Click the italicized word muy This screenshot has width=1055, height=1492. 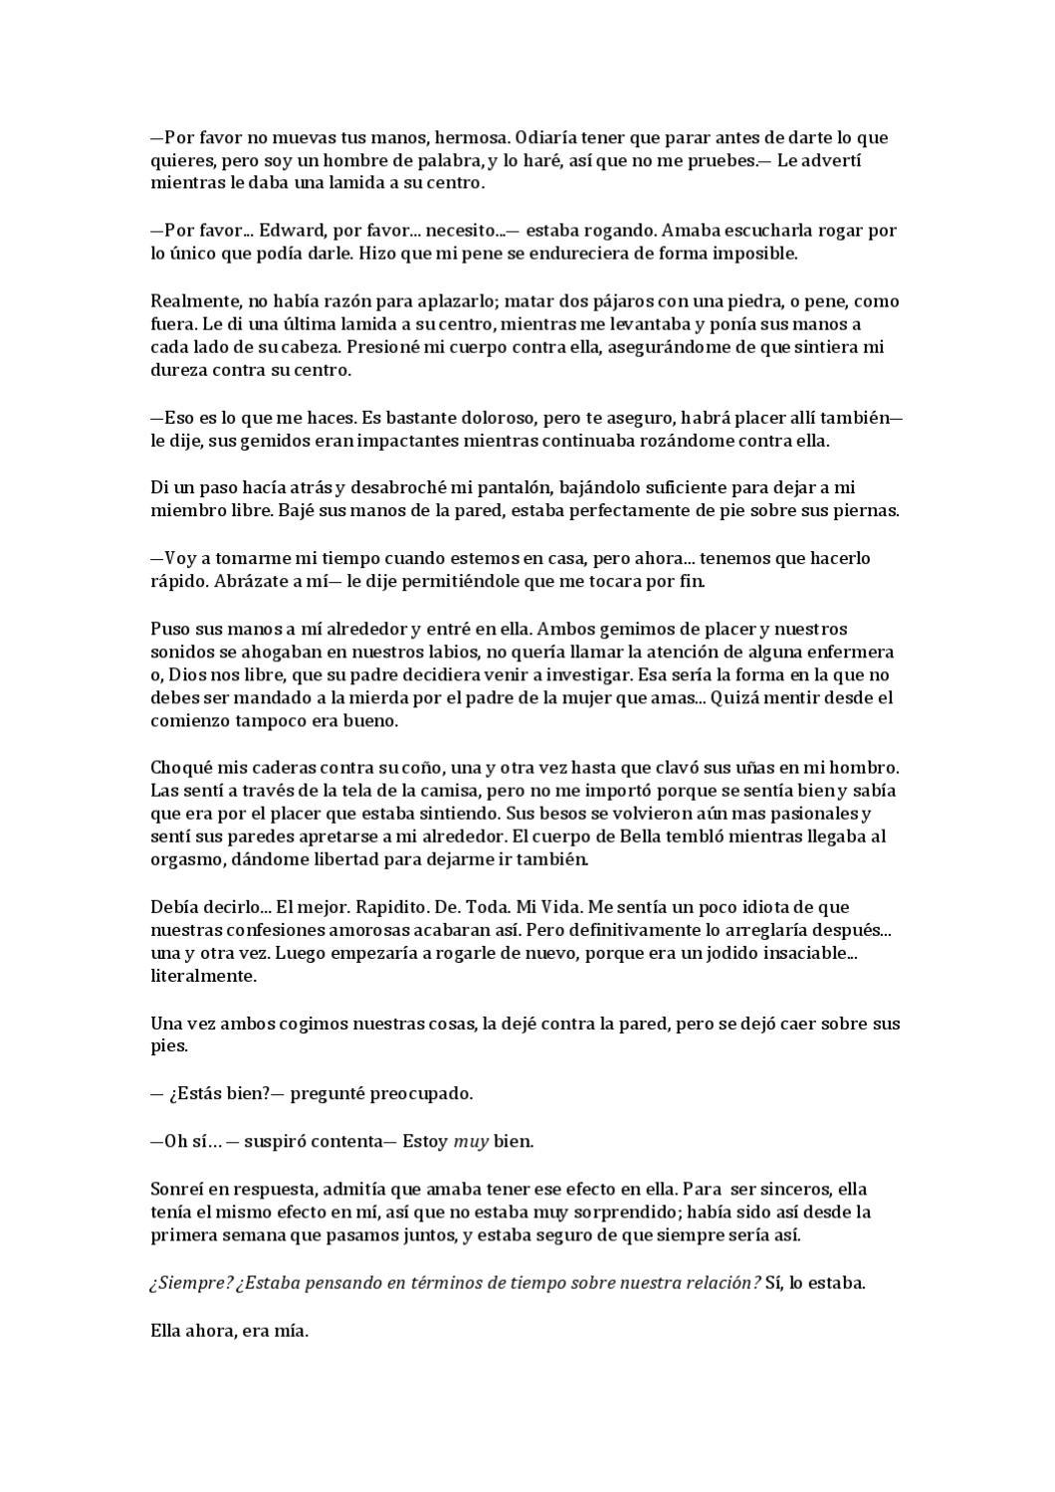pyautogui.click(x=471, y=1141)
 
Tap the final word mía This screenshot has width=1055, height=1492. pyautogui.click(x=291, y=1330)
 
